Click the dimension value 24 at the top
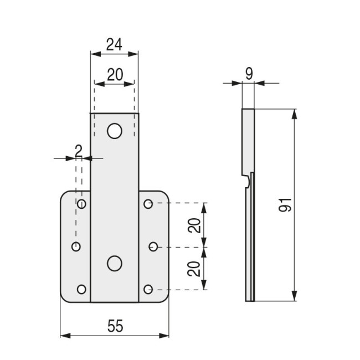click(114, 44)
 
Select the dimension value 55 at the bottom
click(115, 326)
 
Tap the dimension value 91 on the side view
click(285, 205)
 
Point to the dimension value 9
click(249, 74)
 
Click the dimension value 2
click(79, 151)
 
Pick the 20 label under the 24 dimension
click(115, 75)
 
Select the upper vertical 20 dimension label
click(194, 225)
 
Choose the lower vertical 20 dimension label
click(194, 269)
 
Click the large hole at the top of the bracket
click(115, 131)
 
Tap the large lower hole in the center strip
click(115, 263)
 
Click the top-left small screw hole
click(81, 204)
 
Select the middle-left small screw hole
click(76, 247)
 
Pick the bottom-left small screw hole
click(81, 290)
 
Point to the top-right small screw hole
click(148, 204)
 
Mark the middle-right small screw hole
click(153, 247)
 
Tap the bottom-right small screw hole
click(148, 290)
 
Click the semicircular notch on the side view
click(248, 182)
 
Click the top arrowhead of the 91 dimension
click(294, 114)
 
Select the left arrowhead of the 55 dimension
click(65, 336)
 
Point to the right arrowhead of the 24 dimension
click(133, 54)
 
